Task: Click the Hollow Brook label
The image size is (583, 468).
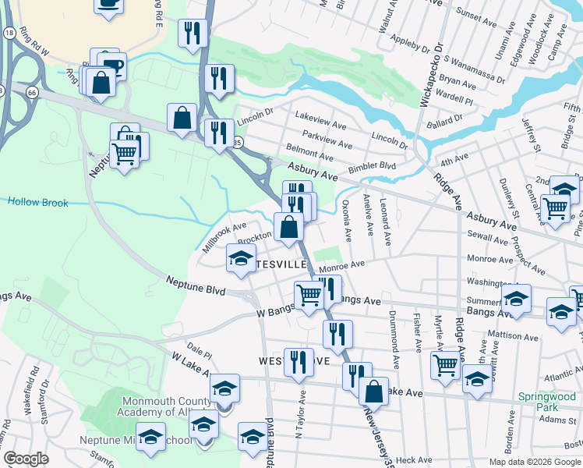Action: [x=38, y=203]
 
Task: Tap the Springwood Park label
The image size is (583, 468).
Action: [x=547, y=402]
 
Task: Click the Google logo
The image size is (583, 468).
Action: [x=26, y=459]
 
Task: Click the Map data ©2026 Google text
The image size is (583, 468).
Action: [x=535, y=462]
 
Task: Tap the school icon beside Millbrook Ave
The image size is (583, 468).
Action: [x=241, y=257]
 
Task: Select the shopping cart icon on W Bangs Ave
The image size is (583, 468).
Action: [x=309, y=295]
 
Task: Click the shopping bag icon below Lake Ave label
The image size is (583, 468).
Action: [x=373, y=391]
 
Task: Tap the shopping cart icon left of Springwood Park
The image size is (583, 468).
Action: [x=445, y=364]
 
